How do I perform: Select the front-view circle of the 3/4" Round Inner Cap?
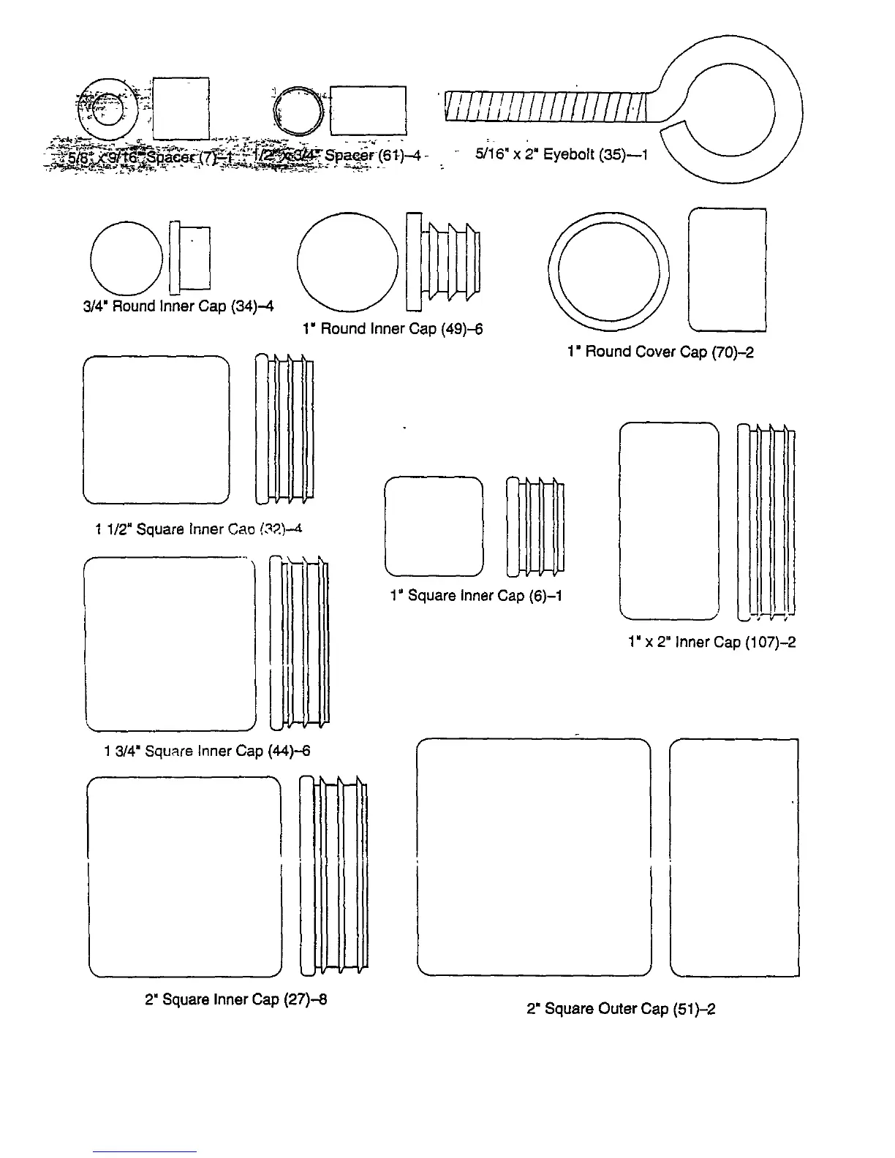(126, 257)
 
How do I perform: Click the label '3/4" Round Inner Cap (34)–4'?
(178, 306)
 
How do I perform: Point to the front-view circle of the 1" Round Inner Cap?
(349, 262)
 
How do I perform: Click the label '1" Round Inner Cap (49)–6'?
(393, 329)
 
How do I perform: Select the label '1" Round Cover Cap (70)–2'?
(660, 352)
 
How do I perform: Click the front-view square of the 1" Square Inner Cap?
(434, 526)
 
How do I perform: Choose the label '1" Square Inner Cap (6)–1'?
(476, 595)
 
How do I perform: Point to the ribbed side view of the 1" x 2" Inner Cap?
(766, 521)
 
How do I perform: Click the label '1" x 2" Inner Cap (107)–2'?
(711, 642)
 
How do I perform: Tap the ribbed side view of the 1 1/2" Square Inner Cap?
(284, 429)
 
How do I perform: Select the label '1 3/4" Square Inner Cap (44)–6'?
(208, 751)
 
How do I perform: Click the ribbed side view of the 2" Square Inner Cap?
(333, 876)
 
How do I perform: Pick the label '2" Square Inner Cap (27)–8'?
(235, 999)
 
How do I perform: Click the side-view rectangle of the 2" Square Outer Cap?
(734, 858)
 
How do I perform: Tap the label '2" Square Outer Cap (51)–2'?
(621, 1009)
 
